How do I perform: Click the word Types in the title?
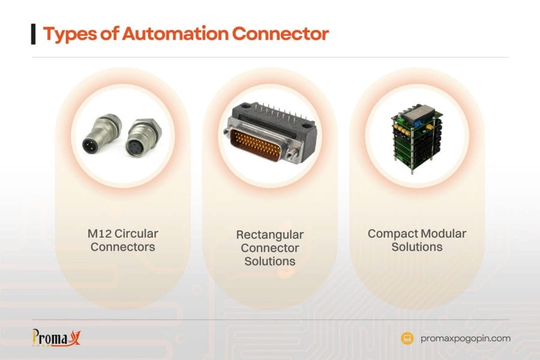coord(67,34)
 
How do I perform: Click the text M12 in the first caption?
coord(98,233)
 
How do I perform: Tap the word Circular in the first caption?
coord(135,233)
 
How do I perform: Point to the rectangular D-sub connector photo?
coord(270,133)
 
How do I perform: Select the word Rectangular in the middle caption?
coord(270,235)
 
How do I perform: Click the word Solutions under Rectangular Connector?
coord(270,261)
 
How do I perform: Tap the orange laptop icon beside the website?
coord(407,338)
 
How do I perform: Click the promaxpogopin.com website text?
coord(466,338)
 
